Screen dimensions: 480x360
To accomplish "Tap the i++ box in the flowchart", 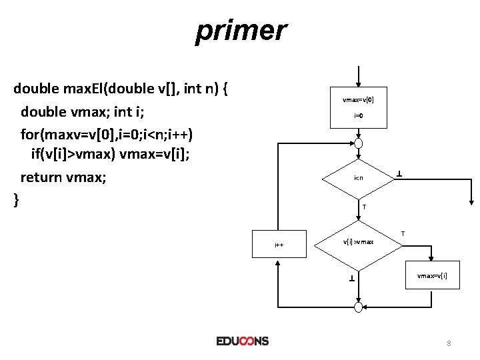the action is coord(279,245).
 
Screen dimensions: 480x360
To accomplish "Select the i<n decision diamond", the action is coord(358,178).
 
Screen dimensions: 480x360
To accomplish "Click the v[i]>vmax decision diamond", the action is coord(358,241).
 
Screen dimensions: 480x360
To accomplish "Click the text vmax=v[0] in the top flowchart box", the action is coord(358,100).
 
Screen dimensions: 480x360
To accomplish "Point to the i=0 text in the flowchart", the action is coord(358,116).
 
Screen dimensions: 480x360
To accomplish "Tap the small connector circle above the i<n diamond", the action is coord(359,143).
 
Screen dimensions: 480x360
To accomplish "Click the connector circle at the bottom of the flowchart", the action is coord(359,306).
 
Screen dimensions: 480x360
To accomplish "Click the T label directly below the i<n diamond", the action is coord(363,207).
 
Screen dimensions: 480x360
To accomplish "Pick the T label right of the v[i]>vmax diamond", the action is coord(403,233).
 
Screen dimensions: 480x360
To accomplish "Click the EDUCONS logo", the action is coord(242,341).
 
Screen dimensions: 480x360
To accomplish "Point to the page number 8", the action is coord(449,343).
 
